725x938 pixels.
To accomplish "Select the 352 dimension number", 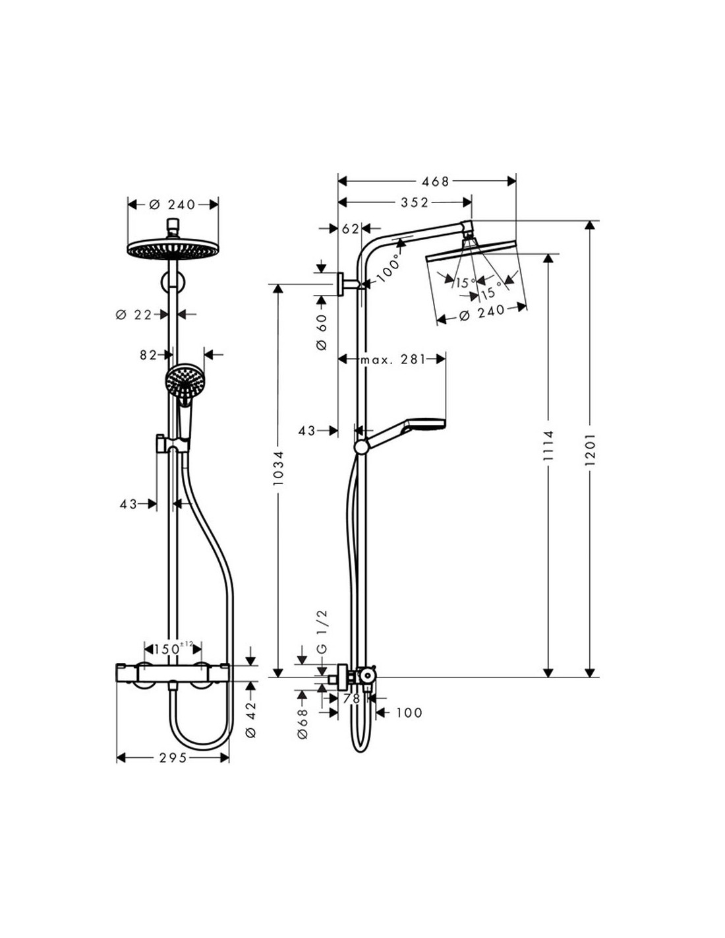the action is pyautogui.click(x=415, y=202).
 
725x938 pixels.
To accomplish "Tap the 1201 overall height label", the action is pyautogui.click(x=590, y=449).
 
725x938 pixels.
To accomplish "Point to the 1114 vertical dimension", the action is pyautogui.click(x=548, y=445).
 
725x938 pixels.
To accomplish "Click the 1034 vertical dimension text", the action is pyautogui.click(x=277, y=468).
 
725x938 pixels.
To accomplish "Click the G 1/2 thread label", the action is pyautogui.click(x=323, y=631).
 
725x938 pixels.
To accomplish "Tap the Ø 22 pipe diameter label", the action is pyautogui.click(x=134, y=315).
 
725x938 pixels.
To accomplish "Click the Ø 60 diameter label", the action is pyautogui.click(x=322, y=331).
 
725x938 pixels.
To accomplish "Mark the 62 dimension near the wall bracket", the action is pyautogui.click(x=350, y=229).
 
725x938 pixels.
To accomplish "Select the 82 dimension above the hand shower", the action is pyautogui.click(x=148, y=355).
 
